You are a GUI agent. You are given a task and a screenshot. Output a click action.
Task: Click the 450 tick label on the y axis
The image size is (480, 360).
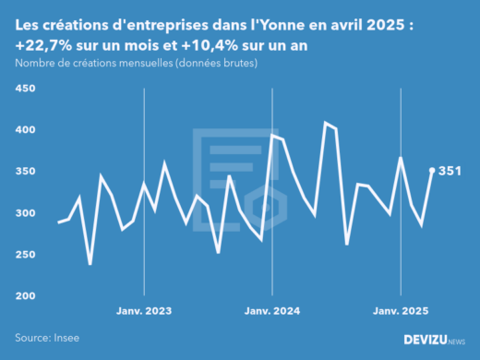tap(24, 89)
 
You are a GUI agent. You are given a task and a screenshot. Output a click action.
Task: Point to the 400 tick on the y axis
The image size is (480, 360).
tap(24, 130)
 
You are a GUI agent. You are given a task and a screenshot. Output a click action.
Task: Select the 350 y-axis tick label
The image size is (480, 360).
tap(24, 172)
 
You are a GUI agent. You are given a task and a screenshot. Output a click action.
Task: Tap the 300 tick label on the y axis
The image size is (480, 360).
tap(24, 213)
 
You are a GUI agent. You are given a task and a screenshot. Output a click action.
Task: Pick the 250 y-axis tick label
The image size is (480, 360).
tap(24, 255)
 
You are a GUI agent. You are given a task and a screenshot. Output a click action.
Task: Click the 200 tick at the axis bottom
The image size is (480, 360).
tap(24, 296)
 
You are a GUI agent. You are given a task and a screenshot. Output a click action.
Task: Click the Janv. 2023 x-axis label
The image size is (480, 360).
tap(143, 312)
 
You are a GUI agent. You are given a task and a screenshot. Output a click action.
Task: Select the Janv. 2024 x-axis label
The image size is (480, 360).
tap(271, 312)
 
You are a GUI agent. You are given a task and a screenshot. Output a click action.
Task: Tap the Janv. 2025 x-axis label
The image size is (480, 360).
tap(400, 312)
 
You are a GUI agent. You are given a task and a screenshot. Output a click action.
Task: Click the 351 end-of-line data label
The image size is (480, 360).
tap(450, 171)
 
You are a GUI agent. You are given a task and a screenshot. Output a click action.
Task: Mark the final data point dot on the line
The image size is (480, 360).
tap(432, 170)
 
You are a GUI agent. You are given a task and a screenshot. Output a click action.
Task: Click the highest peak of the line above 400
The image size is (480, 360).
tap(325, 122)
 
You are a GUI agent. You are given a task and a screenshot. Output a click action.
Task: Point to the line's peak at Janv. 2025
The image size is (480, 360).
tap(401, 158)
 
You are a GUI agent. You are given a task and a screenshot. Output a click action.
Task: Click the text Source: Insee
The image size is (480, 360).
tap(45, 338)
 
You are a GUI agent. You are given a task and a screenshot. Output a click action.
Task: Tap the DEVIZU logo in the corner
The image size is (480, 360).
tap(434, 340)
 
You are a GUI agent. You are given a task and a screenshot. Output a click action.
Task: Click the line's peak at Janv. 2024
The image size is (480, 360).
tap(271, 135)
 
